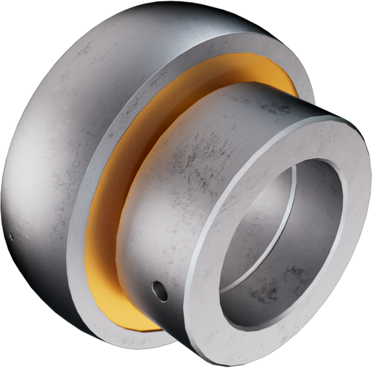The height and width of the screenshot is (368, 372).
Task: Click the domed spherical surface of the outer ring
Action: pos(58,145)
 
